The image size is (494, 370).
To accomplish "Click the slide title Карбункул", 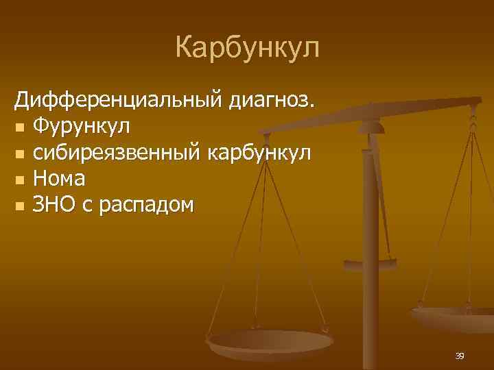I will [x=247, y=49].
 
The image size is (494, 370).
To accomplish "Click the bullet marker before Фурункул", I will [x=20, y=127].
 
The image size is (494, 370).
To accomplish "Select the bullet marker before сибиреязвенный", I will [x=20, y=153].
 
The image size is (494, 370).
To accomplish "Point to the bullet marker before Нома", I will [x=20, y=180].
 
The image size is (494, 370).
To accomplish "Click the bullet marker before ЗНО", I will [x=20, y=206].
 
